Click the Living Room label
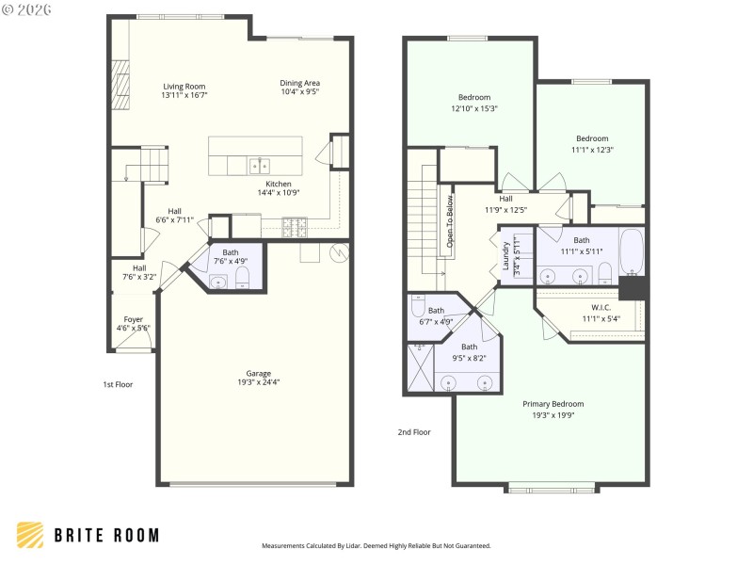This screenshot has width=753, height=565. point(184,87)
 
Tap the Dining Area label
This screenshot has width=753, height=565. point(300,83)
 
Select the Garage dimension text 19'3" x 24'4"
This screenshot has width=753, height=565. point(258,381)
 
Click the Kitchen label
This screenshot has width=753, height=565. point(278,184)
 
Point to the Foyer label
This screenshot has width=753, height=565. point(132,318)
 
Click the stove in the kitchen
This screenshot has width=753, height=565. point(296,225)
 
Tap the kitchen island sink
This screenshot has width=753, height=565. point(259,166)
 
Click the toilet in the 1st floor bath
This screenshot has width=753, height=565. point(242,276)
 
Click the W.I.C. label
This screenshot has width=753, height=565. point(601,307)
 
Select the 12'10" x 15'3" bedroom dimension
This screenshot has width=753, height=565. point(473,108)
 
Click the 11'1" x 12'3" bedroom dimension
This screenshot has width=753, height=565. point(592,149)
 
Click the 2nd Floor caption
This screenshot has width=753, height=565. point(414,432)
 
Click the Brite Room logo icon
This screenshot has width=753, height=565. point(31,535)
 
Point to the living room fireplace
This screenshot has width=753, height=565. point(120,84)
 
